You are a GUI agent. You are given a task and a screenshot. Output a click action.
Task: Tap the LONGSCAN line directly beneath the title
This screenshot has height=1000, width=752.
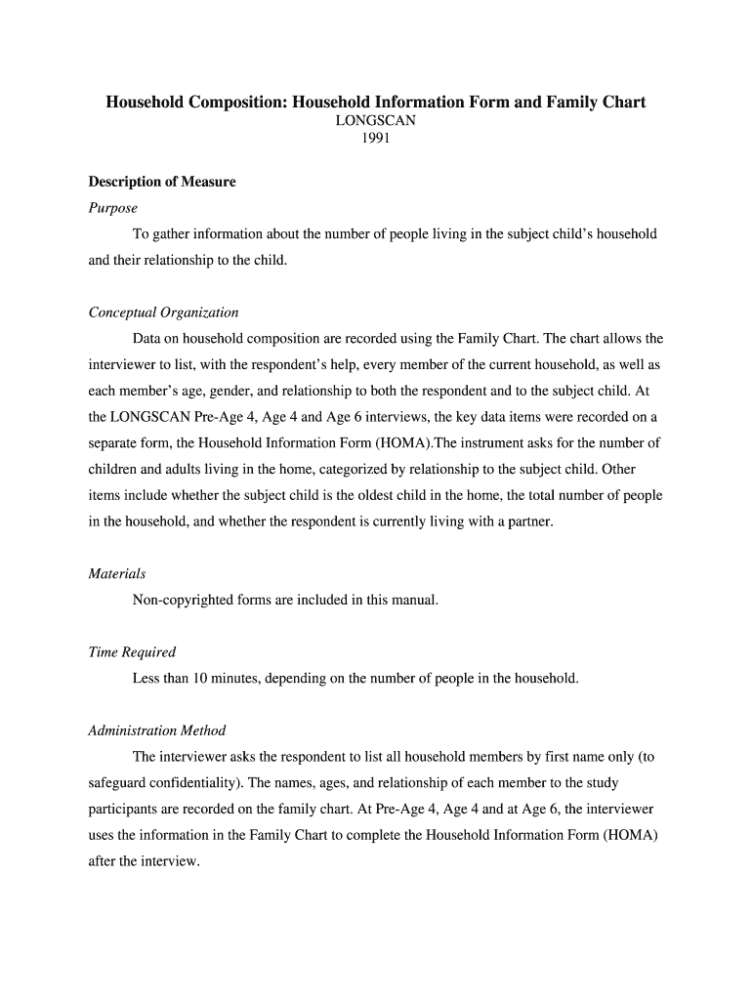coord(376,120)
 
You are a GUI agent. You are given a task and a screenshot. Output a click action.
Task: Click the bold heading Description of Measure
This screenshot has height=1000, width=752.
coord(162,182)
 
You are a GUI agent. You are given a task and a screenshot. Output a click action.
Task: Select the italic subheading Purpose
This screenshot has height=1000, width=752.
coord(113,208)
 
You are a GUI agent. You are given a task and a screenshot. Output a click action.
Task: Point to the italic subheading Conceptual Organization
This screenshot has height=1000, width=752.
coord(163,312)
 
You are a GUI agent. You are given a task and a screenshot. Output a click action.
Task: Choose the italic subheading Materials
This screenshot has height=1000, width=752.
coord(117,573)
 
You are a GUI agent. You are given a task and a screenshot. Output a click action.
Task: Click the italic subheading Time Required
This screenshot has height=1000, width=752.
coord(132,651)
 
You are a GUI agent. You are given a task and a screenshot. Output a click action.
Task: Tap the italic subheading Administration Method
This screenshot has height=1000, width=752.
coord(156,730)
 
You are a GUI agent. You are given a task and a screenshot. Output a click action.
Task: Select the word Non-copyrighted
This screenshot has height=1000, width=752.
coord(183,600)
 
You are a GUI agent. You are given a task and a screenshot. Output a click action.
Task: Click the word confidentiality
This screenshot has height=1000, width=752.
coord(200,783)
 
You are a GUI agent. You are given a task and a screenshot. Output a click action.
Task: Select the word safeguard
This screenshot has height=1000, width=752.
coord(118,783)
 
